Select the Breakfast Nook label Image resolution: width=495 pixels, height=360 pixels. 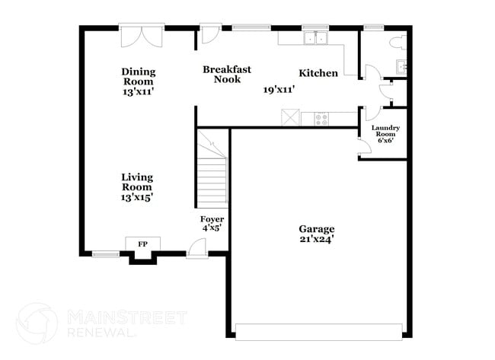[x=222, y=74]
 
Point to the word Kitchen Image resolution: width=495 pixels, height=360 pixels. [x=318, y=74]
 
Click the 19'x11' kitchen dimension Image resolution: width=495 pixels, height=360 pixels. [x=279, y=89]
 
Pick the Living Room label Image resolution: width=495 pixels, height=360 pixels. [x=137, y=182]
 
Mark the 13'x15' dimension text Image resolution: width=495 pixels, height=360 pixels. [x=137, y=197]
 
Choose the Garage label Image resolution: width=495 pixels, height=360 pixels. [x=316, y=228]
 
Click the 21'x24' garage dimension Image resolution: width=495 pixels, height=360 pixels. [x=316, y=239]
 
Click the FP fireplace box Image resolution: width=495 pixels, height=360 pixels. [x=142, y=244]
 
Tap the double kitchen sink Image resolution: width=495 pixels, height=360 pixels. [x=314, y=39]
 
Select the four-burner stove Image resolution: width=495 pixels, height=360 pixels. [x=321, y=118]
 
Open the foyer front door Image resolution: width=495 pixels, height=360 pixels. [x=196, y=247]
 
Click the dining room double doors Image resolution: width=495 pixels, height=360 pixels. [x=142, y=37]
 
